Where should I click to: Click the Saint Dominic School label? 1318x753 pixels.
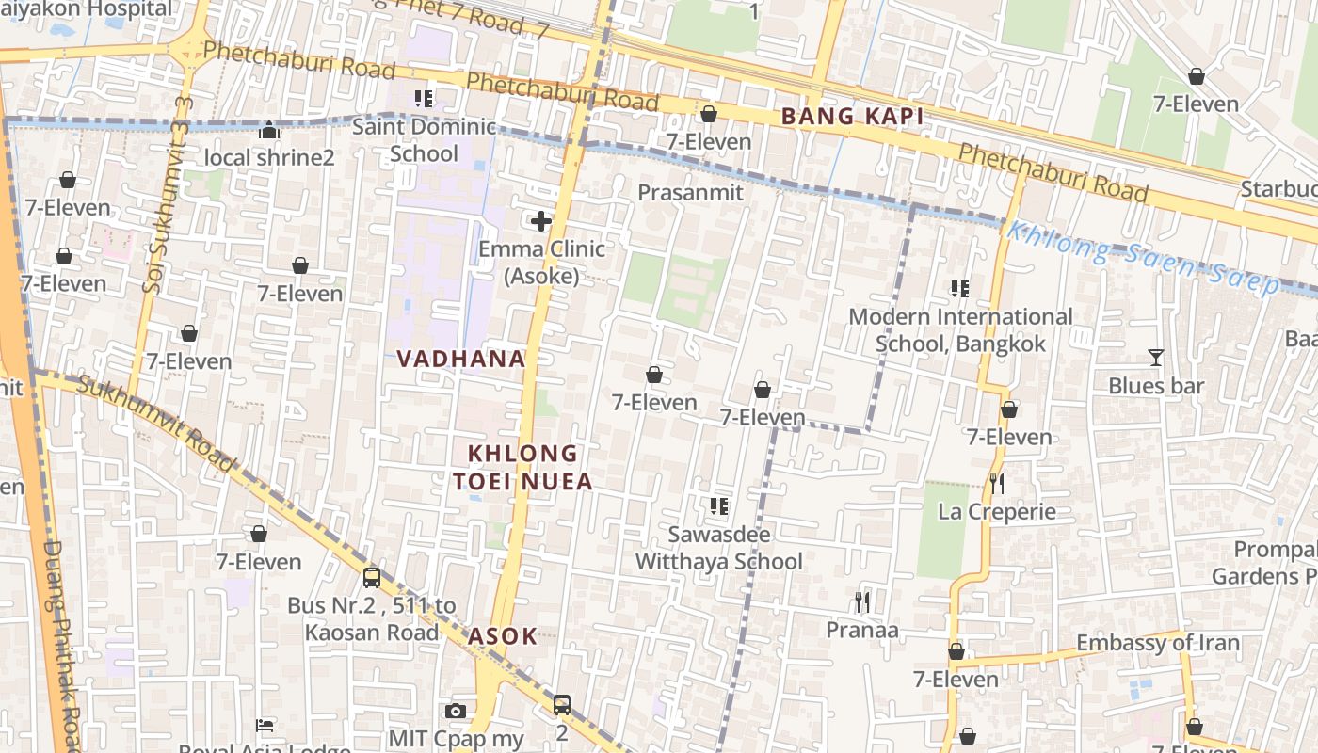[x=424, y=140]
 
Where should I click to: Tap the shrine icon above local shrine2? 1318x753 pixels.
[x=269, y=130]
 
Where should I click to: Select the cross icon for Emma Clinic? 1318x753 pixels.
[x=541, y=221]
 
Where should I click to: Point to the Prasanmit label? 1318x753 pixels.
[x=690, y=193]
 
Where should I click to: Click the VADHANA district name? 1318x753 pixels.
[x=460, y=359]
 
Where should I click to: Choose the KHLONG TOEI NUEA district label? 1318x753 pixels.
[x=522, y=468]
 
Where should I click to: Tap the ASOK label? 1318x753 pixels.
[x=503, y=636]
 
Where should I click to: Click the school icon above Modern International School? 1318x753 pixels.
[x=960, y=289]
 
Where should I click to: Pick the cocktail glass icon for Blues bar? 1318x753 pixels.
[x=1156, y=358]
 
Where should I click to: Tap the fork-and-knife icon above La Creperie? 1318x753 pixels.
[x=997, y=484]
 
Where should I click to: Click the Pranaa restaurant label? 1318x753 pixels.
[x=862, y=630]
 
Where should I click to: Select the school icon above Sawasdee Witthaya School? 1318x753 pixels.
[x=719, y=506]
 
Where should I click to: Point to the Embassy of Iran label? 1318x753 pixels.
[x=1157, y=644]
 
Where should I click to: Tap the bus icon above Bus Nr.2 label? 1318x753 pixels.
[x=372, y=577]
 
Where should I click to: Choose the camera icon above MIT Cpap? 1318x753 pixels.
[x=456, y=711]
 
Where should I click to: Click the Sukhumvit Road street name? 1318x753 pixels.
[x=155, y=424]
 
